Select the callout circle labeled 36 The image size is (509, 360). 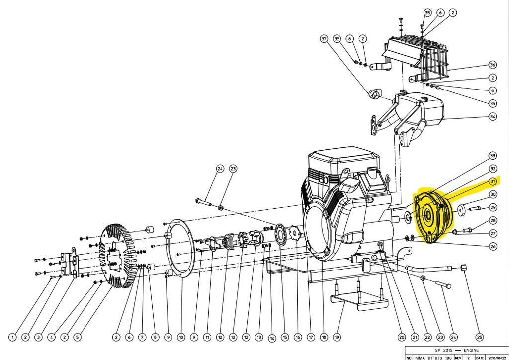[x=493, y=65]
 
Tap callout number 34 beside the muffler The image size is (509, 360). [x=493, y=117]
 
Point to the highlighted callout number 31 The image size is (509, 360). [x=493, y=181]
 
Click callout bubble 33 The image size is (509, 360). [x=493, y=155]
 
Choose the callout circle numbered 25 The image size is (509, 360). [x=479, y=337]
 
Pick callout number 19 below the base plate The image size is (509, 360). [x=337, y=337]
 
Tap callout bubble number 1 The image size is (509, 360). [x=12, y=337]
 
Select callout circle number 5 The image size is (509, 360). [x=77, y=337]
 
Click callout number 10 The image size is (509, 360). [x=181, y=337]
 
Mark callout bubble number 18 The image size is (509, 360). [x=324, y=337]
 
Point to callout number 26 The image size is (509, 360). [x=493, y=246]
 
